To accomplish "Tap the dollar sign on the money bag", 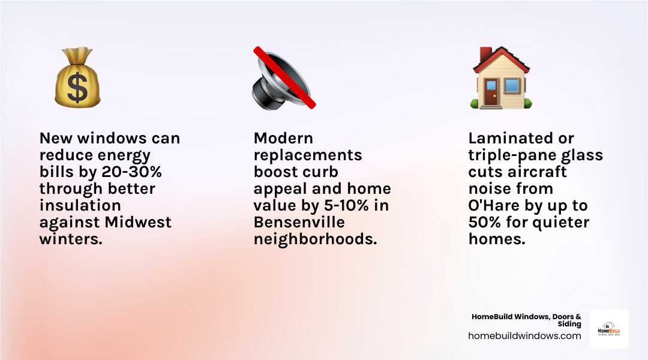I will [77, 88].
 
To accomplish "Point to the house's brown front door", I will [491, 94].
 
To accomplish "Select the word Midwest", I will [138, 222].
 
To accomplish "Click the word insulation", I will [80, 206].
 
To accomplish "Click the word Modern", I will [283, 139].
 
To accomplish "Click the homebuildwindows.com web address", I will [524, 336].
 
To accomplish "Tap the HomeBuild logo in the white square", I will [609, 329].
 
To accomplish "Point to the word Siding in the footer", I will [569, 324].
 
